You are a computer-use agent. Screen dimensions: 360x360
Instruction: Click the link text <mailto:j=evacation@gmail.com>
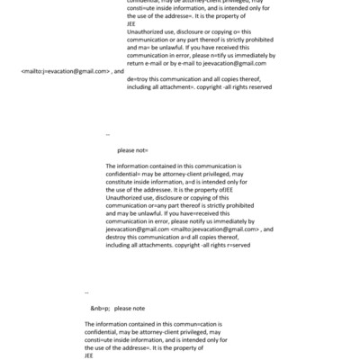click(x=65, y=69)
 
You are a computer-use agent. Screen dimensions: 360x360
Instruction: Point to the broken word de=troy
click(x=139, y=80)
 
